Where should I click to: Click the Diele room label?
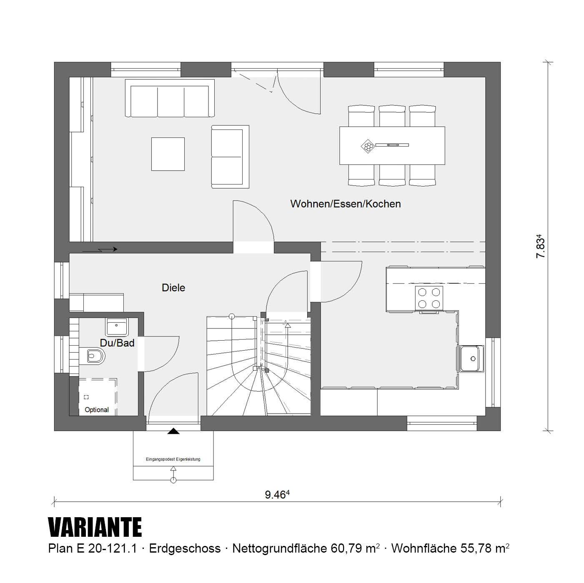pos(173,287)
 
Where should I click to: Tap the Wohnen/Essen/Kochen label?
pos(346,204)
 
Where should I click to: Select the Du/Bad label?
pos(117,343)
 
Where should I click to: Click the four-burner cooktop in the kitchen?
pos(429,298)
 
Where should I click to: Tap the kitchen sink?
pos(471,359)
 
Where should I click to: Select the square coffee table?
pos(168,154)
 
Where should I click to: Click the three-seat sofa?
pos(170,98)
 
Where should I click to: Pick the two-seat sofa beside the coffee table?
pos(230,157)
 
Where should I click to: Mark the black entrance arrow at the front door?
pos(173,431)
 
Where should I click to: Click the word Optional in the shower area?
pos(97,410)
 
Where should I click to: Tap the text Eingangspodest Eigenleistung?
pos(173,459)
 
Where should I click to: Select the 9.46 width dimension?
pos(277,495)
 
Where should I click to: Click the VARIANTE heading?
pos(95,527)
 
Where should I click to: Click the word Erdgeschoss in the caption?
pos(185,548)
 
